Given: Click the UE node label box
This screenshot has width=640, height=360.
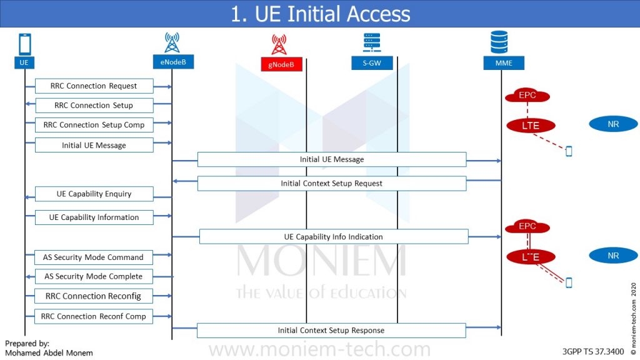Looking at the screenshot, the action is point(24,62).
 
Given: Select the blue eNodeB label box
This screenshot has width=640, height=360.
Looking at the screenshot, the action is point(173,62).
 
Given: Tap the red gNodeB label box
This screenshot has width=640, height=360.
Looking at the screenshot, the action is point(281,64).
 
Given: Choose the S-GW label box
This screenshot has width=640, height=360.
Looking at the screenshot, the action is point(372,63).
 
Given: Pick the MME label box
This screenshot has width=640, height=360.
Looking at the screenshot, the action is point(504,63).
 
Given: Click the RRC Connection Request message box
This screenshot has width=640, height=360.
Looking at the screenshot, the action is point(94,86).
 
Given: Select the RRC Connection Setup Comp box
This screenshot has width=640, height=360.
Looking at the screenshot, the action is point(94,125).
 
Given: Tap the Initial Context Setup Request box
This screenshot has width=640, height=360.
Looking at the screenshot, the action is point(332,184).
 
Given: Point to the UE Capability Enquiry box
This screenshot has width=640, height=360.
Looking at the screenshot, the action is point(94,194).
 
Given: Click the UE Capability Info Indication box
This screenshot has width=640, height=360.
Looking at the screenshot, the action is point(334,237).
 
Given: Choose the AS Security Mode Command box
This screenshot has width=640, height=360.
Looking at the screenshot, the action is point(94,257).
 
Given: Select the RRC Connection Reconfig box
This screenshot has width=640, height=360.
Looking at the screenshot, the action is point(94,296).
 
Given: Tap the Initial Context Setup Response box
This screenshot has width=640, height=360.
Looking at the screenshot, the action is point(331,331).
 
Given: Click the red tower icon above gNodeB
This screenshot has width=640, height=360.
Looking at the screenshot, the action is point(279,44).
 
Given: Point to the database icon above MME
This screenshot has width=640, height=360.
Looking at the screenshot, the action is point(499,42).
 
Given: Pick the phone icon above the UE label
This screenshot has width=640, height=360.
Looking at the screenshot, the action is point(25,44).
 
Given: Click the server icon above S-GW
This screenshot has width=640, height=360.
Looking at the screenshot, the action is point(372,42).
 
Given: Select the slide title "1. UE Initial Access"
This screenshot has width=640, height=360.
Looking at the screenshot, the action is point(321,14).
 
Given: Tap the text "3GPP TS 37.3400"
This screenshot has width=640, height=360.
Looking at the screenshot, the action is point(593,351).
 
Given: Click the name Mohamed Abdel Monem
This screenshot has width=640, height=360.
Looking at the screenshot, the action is point(49,353).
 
